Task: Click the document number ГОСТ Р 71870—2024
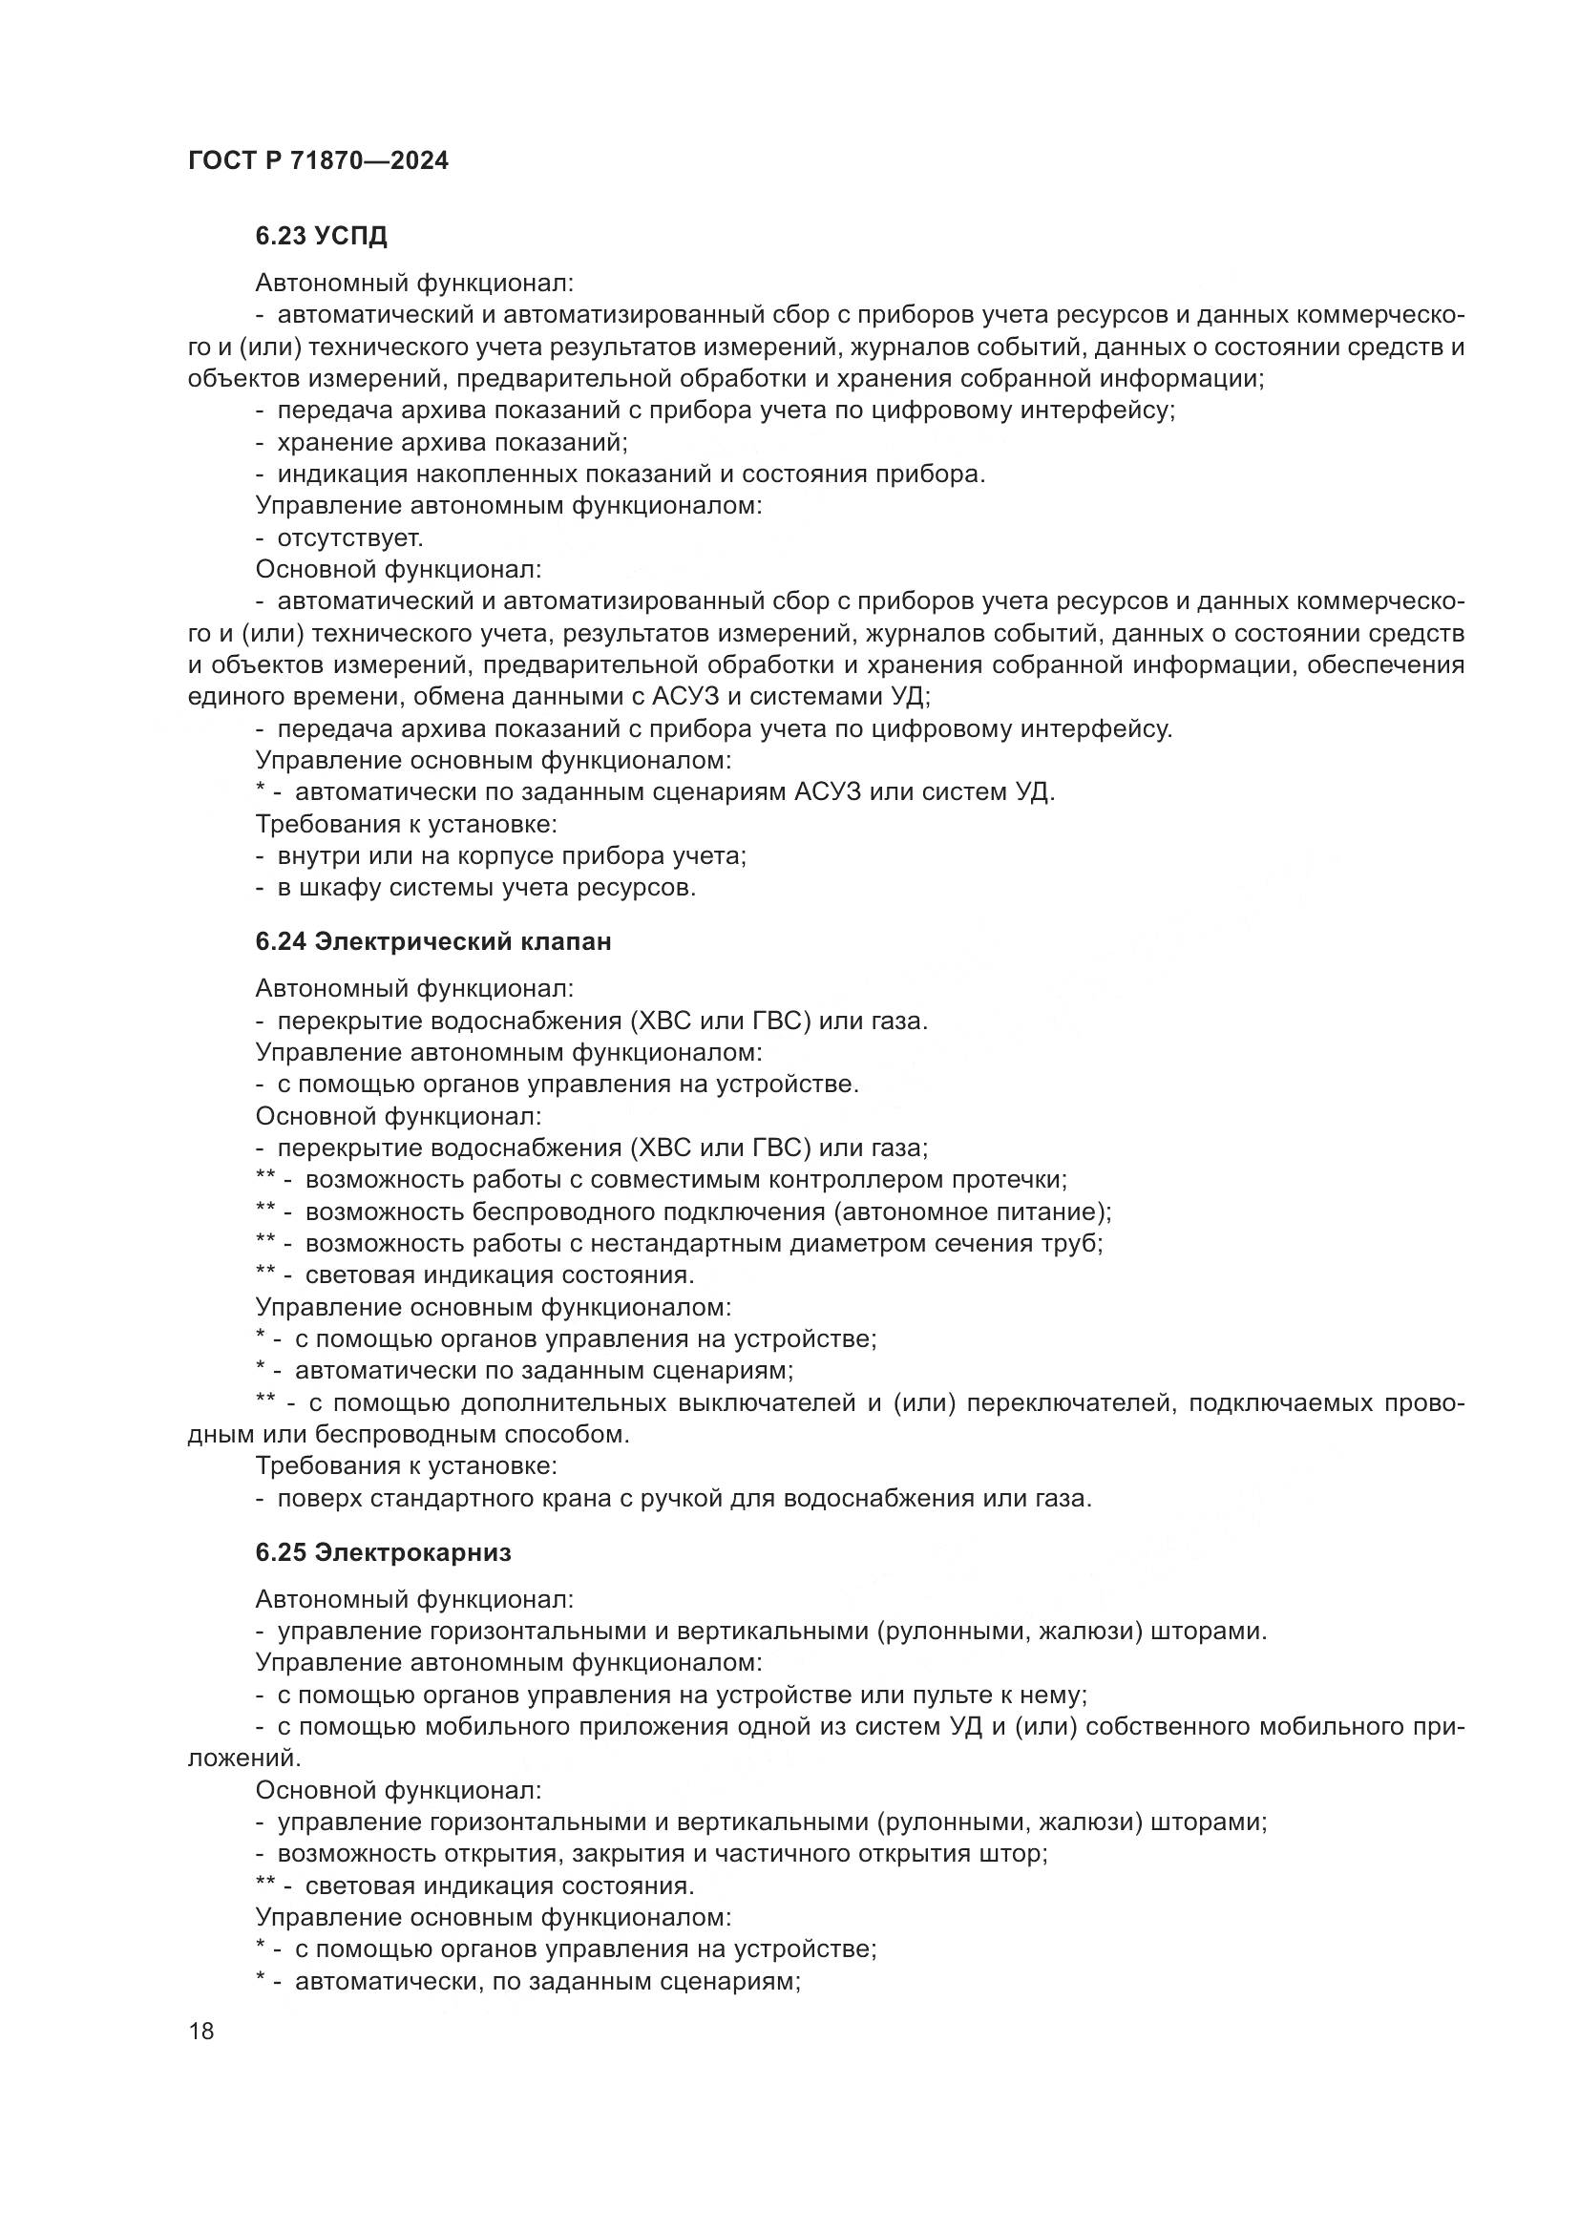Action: tap(318, 160)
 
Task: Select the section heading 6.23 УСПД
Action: tap(321, 236)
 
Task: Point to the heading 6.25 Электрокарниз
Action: tap(383, 1552)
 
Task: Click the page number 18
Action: tap(201, 2031)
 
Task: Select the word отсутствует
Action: tap(350, 537)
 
